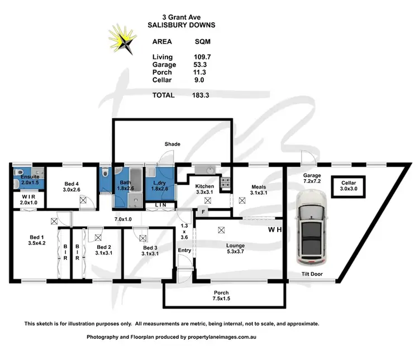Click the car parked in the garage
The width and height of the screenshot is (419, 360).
click(314, 227)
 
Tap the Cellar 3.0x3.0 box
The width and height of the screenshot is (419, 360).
click(349, 186)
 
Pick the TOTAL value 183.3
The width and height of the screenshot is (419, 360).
click(198, 95)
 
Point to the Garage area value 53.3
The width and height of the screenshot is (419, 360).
click(198, 64)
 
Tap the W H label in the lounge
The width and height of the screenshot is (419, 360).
click(274, 229)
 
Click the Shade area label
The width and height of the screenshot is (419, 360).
click(172, 144)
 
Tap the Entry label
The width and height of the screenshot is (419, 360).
click(185, 251)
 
